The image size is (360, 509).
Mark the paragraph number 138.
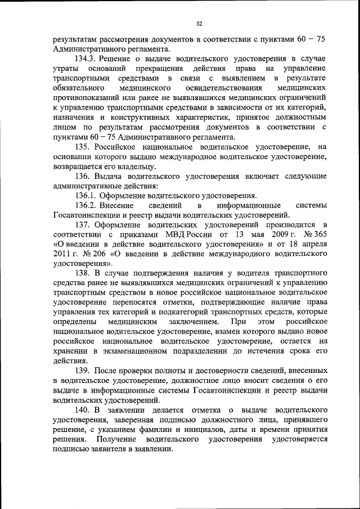(x=82, y=274)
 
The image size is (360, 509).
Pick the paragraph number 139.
(x=82, y=372)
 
